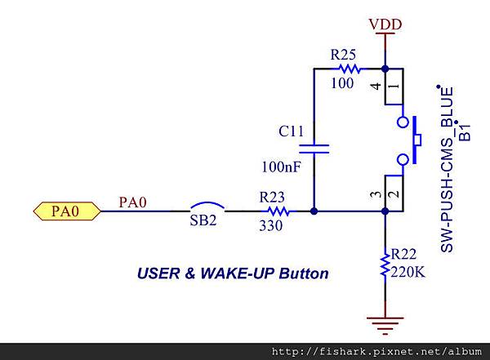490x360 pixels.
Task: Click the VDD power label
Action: [x=385, y=24]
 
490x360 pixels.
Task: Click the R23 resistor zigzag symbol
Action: [x=275, y=211]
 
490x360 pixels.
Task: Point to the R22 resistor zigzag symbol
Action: [x=384, y=266]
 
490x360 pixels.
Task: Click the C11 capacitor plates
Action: [x=314, y=149]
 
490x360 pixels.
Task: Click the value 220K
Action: [x=409, y=272]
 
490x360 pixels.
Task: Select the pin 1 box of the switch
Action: [x=394, y=87]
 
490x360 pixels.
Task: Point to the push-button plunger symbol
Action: [x=416, y=140]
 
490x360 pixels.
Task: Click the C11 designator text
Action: [x=292, y=131]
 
